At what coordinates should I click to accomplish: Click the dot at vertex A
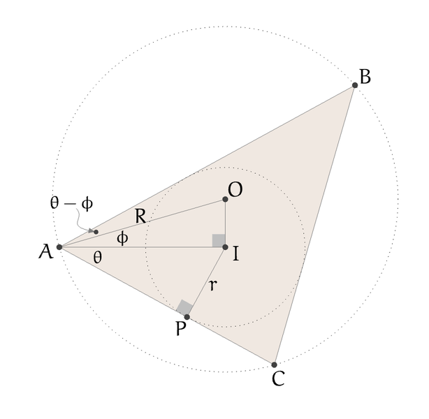(59, 247)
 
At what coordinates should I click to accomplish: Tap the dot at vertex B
(355, 85)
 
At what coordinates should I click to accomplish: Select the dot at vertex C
(274, 365)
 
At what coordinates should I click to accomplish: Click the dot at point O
(225, 200)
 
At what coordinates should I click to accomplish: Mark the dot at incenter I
(225, 247)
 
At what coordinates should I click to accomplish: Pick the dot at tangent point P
(187, 317)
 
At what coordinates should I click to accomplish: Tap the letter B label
(365, 76)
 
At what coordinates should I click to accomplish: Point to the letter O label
(235, 191)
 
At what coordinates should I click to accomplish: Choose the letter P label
(181, 329)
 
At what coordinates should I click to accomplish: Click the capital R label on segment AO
(140, 217)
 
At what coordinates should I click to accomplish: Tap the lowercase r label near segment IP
(212, 284)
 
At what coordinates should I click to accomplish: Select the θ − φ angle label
(71, 203)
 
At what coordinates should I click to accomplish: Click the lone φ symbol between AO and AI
(122, 238)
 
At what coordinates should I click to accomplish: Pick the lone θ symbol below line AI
(97, 257)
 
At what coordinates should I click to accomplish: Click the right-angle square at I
(219, 241)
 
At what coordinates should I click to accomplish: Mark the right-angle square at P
(184, 308)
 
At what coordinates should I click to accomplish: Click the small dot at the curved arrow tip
(96, 231)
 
